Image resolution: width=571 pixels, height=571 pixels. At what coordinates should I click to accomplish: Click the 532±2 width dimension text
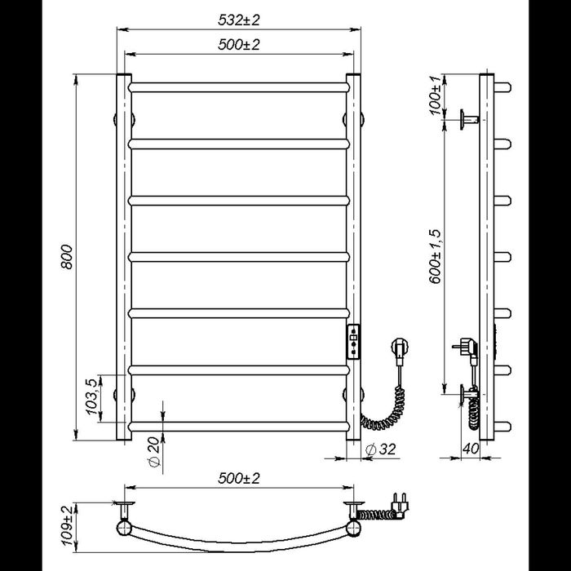point(239,20)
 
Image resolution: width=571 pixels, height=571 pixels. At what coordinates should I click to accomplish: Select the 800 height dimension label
point(67,257)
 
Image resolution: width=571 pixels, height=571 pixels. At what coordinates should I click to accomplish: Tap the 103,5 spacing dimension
point(92,397)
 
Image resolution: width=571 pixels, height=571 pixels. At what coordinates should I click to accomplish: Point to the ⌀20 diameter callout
point(154,452)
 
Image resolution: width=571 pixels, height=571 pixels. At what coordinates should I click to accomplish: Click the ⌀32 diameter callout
point(380,449)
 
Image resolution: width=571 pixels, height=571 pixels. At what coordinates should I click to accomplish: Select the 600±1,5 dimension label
point(435,256)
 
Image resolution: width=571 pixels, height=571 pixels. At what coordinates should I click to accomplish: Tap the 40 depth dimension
point(471,449)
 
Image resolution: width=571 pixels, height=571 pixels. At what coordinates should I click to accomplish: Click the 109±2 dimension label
point(67,525)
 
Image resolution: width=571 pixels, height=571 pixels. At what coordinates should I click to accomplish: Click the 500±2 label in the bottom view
point(239,478)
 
